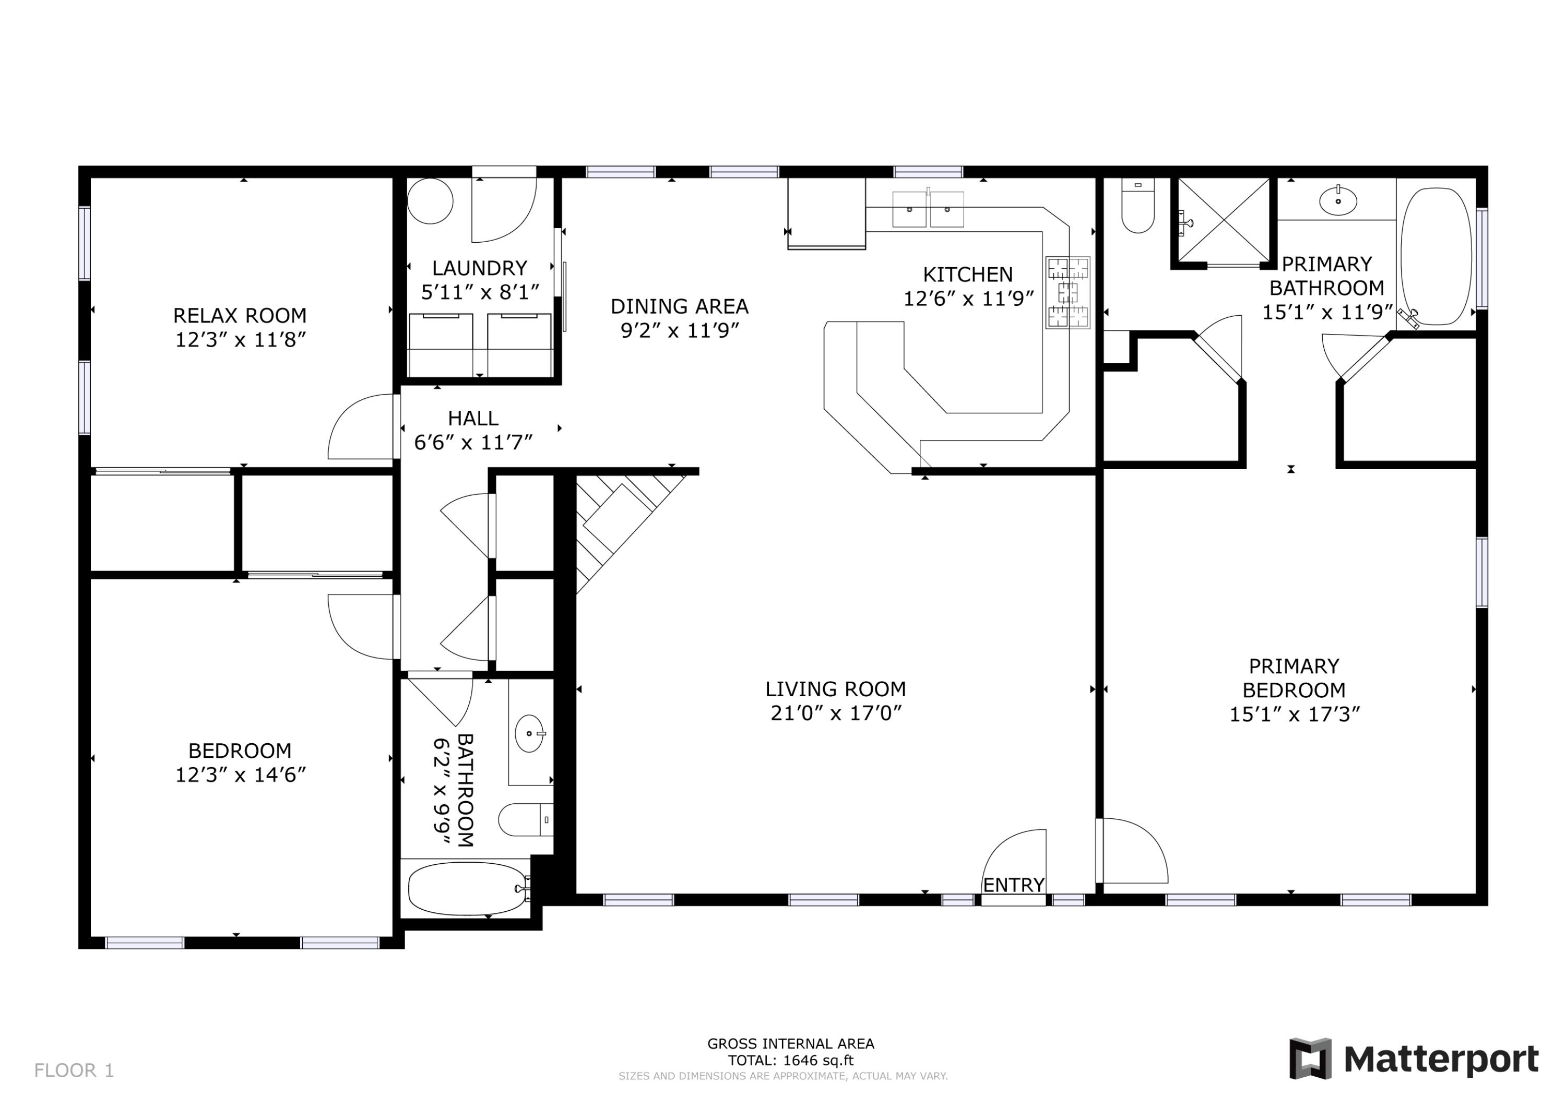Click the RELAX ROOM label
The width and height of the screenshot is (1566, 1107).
(240, 315)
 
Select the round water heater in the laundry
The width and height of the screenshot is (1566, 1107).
(430, 201)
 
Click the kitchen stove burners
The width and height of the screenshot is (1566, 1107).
(1068, 293)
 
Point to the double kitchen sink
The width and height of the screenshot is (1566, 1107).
(928, 209)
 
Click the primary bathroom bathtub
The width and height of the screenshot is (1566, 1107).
(1435, 256)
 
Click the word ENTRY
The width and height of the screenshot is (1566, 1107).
(1014, 885)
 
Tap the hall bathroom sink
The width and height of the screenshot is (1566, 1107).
(529, 733)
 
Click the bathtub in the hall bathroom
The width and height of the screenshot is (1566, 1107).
(467, 889)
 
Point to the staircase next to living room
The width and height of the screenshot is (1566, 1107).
(617, 525)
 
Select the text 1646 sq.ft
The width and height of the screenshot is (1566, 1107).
(818, 1061)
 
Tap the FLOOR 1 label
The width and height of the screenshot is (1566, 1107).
(74, 1070)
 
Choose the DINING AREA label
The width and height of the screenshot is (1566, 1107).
(679, 306)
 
